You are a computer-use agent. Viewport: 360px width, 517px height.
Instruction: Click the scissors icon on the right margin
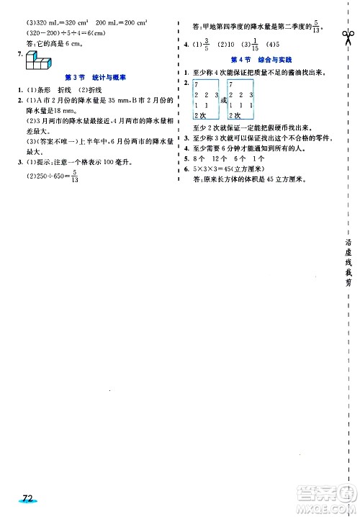pyautogui.click(x=348, y=35)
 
